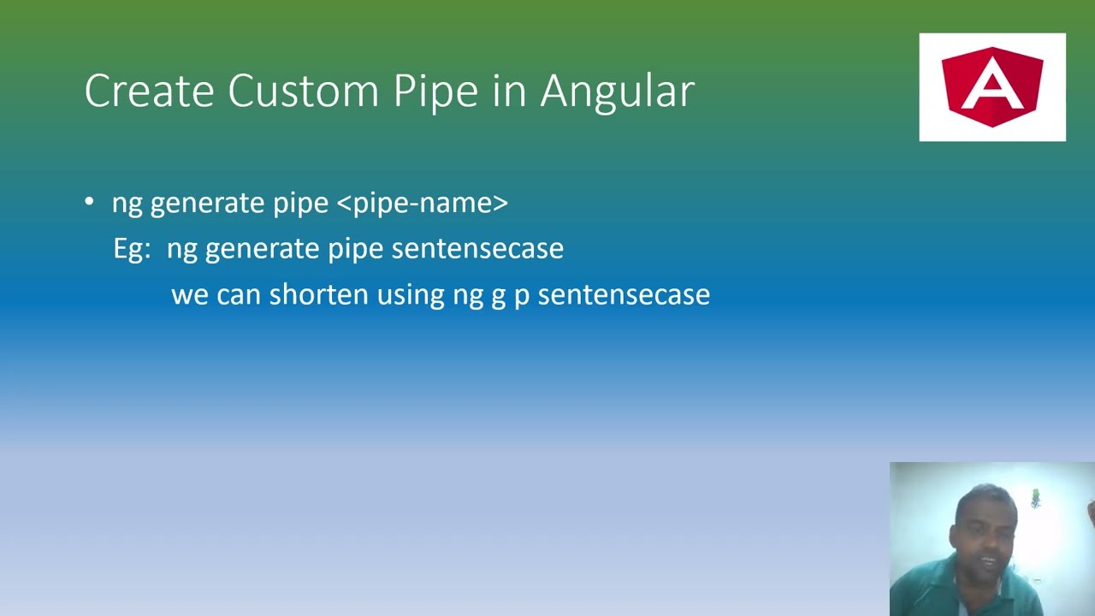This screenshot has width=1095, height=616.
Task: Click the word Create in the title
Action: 149,91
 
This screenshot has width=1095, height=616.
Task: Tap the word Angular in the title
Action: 617,91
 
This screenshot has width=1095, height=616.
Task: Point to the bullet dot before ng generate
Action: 90,202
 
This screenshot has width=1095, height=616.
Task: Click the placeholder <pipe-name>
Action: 423,203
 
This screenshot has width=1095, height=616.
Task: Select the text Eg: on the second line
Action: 132,249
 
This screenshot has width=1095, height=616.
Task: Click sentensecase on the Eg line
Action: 477,248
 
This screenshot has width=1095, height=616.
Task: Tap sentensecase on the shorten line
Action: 624,294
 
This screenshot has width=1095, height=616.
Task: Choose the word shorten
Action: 319,294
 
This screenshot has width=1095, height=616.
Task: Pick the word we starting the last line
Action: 190,295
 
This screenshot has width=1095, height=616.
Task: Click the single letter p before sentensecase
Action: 521,297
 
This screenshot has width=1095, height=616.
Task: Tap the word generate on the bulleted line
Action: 208,204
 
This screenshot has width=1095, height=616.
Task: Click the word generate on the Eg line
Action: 263,250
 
